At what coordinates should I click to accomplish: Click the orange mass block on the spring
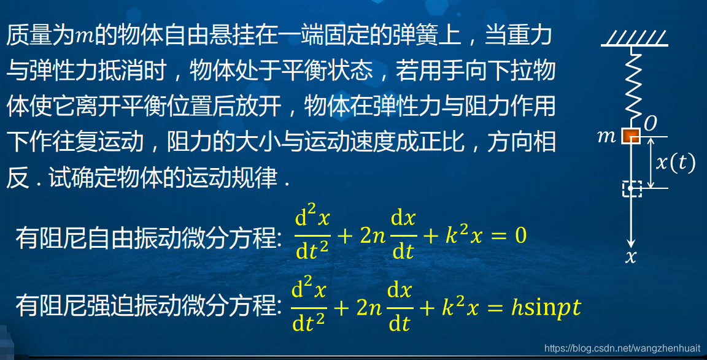point(632,136)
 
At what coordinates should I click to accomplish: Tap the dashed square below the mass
point(632,188)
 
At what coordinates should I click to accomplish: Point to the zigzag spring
point(632,86)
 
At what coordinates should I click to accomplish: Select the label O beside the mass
point(651,123)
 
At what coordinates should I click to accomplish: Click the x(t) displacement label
point(675,163)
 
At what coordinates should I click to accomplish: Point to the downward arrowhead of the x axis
point(632,242)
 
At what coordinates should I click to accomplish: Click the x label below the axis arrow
point(631,258)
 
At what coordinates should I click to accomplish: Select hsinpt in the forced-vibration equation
point(546,307)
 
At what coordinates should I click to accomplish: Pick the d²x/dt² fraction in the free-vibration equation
point(313,235)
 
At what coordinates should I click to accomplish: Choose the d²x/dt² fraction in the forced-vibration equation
point(309,307)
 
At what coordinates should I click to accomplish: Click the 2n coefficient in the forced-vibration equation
point(370,307)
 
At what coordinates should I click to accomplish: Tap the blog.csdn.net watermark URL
point(622,348)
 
